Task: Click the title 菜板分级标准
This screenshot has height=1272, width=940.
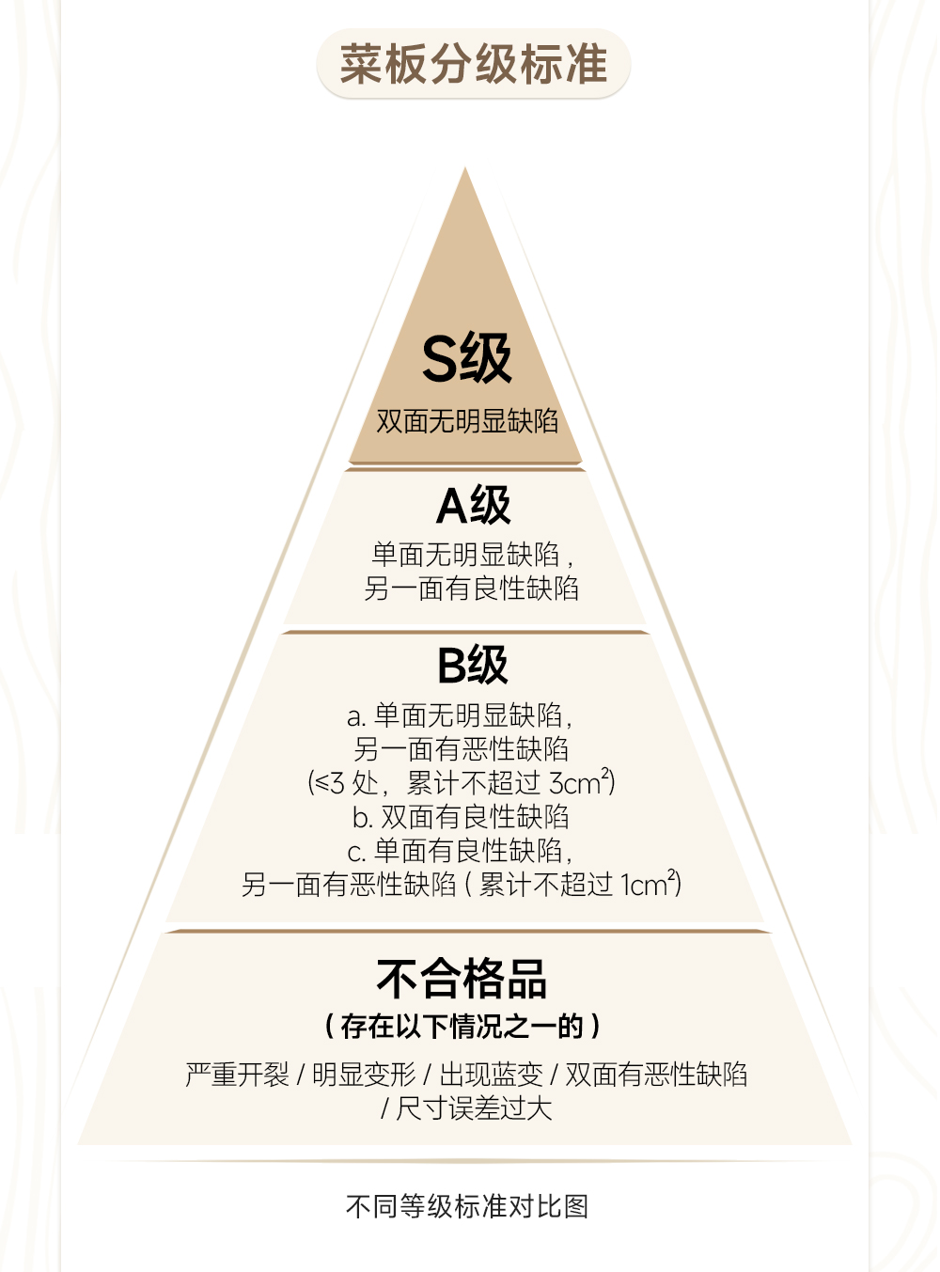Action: point(473,64)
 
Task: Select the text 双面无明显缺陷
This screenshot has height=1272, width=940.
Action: point(467,420)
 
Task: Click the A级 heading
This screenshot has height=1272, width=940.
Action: point(473,506)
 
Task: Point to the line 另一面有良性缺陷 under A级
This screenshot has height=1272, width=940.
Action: point(471,589)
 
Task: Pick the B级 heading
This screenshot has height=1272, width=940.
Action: point(472,665)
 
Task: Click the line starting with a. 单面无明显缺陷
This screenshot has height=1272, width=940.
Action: point(460,715)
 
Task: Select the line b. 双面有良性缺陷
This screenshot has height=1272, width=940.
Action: point(461,816)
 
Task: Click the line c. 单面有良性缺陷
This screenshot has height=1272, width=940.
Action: point(460,850)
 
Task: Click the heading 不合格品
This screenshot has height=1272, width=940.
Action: point(462,979)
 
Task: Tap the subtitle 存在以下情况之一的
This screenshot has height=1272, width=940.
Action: point(462,1026)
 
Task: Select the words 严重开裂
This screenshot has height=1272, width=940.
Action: point(237,1075)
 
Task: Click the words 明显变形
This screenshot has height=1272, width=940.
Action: point(363,1075)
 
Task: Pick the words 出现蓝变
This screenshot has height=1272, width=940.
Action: point(490,1075)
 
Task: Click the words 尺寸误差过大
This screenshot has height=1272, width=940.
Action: point(474,1108)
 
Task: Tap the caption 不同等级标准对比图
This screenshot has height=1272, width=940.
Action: point(467,1206)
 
